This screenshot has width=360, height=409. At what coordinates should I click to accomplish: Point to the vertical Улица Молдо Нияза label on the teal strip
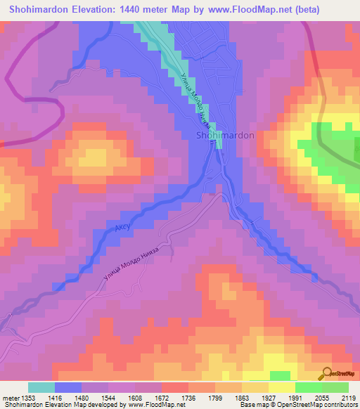click(193, 103)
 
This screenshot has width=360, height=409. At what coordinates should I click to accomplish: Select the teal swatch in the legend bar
click(41, 387)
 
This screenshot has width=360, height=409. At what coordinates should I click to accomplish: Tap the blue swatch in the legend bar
click(68, 387)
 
